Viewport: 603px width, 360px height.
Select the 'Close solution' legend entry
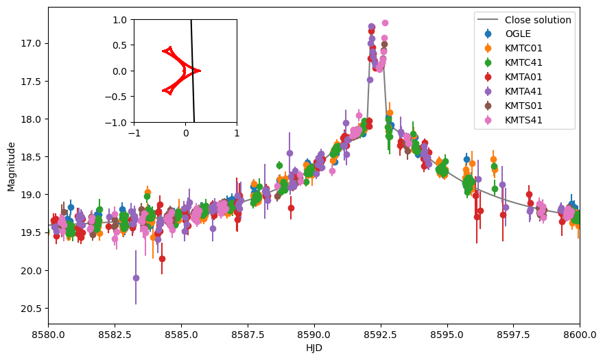pos(538,20)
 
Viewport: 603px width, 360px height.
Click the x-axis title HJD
pos(314,348)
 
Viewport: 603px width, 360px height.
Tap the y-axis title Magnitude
pos(11,166)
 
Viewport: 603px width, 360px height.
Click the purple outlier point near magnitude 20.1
pos(136,278)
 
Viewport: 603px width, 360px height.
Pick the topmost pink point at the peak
pos(385,23)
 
